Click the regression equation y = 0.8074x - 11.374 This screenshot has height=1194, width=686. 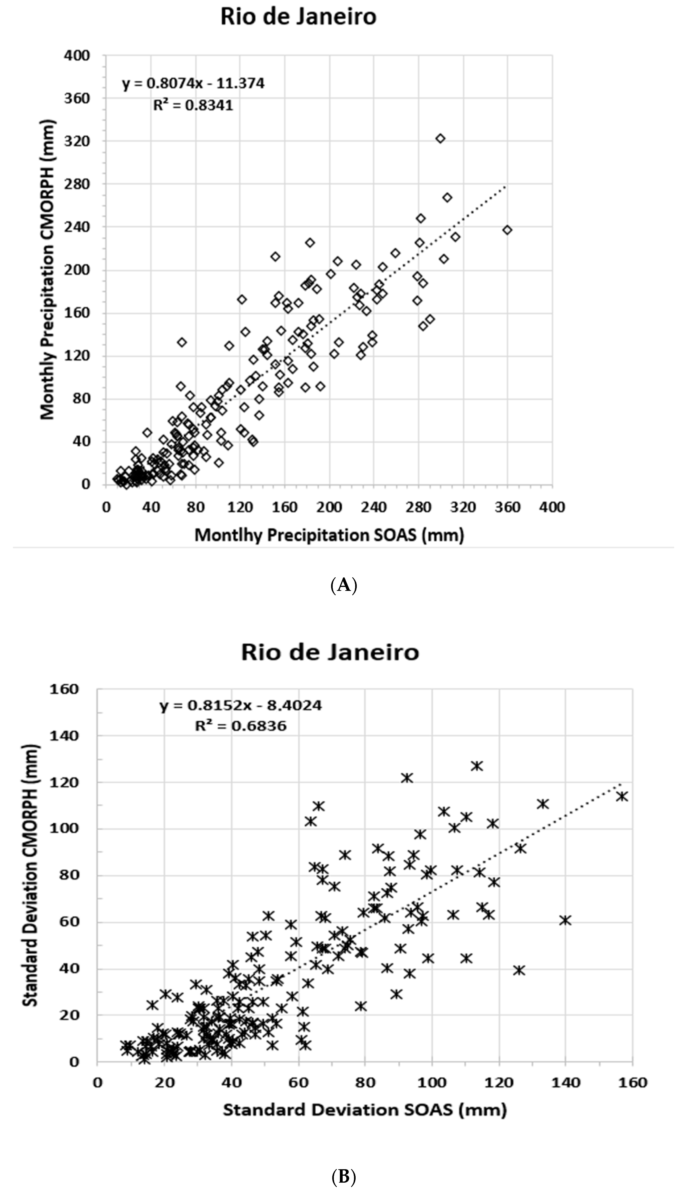pos(193,83)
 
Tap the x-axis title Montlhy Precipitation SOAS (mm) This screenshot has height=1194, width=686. pos(329,535)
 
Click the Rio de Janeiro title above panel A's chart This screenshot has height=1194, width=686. pos(299,17)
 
